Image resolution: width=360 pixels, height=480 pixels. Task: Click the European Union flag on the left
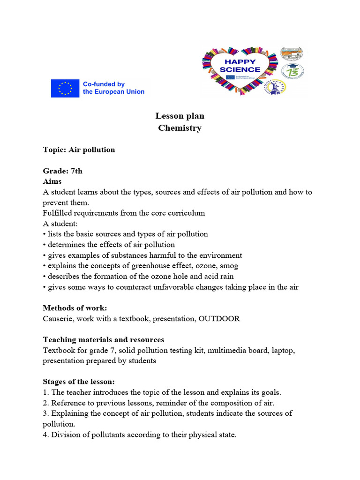pos(65,88)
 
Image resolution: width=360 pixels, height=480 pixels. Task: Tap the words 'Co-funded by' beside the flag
pos(104,84)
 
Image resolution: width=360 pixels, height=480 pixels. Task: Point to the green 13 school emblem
pos(292,71)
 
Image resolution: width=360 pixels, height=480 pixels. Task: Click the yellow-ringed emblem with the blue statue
pos(278,87)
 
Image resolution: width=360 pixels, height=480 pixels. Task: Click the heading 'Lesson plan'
pos(180,116)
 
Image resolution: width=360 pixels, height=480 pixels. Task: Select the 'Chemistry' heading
pos(180,128)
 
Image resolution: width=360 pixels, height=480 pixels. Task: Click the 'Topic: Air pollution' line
pos(79,150)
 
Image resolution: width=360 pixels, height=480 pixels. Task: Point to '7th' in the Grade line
pos(75,171)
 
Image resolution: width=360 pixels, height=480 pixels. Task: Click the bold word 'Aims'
pos(52,181)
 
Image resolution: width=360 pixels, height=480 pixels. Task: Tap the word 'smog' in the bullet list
pos(229,266)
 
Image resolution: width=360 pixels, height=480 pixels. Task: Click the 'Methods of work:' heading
pos(75,308)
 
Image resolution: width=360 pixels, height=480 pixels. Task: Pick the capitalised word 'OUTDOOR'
pos(219,319)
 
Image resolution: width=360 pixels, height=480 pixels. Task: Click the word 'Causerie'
pos(58,319)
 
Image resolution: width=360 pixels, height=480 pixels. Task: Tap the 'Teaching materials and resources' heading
pos(103,339)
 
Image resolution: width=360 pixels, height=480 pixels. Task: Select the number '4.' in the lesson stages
pos(46,435)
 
